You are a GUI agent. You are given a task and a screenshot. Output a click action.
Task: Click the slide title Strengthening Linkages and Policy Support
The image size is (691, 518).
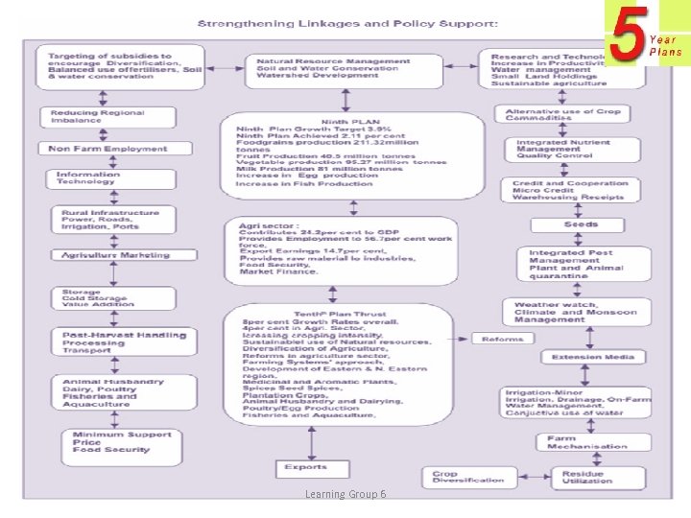click(347, 22)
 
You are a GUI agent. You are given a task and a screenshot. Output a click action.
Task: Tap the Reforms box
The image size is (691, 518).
click(502, 339)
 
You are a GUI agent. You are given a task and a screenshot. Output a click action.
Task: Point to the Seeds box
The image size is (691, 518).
click(581, 224)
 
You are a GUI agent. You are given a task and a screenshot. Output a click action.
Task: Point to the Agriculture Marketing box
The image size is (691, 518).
click(115, 255)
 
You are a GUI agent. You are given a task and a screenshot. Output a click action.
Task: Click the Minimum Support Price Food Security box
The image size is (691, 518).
click(123, 442)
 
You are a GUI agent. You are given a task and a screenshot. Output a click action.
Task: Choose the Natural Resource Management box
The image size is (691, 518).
click(327, 69)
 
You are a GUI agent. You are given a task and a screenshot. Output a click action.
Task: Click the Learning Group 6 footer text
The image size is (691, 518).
click(345, 493)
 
